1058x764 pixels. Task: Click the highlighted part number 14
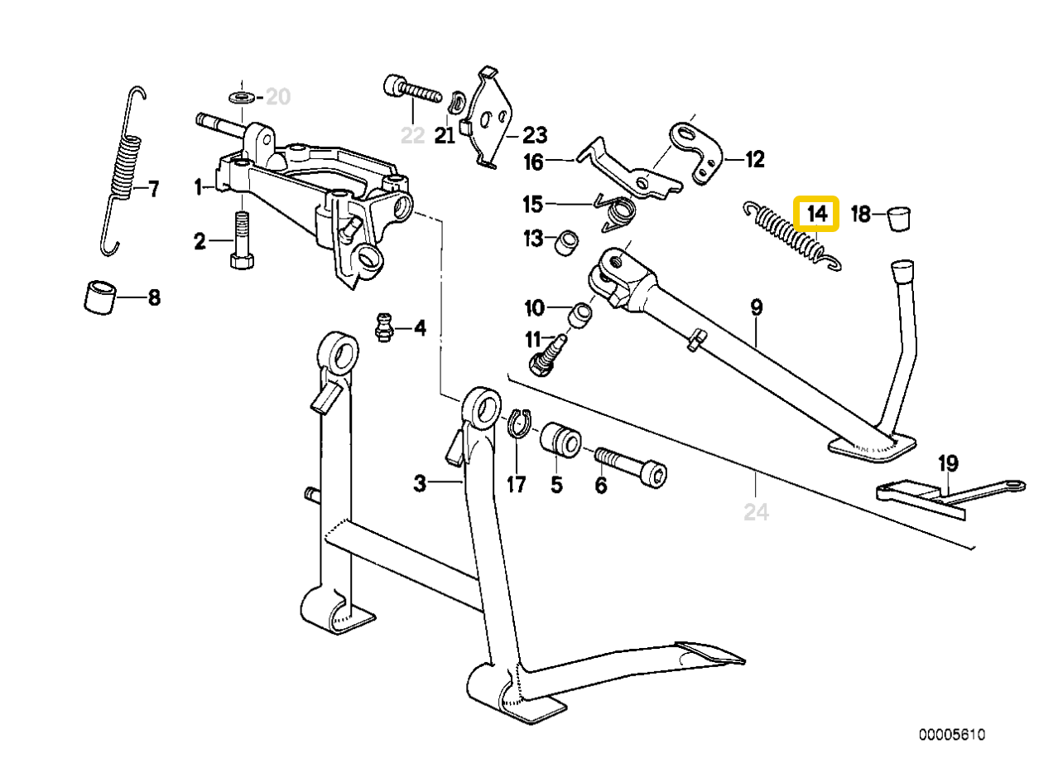click(x=816, y=213)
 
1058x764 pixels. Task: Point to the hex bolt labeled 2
click(x=240, y=242)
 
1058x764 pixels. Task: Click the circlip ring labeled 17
click(x=517, y=422)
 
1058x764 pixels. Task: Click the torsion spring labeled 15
click(x=616, y=211)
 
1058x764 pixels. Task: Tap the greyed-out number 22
click(x=411, y=135)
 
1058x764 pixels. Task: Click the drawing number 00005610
click(x=951, y=735)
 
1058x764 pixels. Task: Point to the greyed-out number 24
click(x=756, y=513)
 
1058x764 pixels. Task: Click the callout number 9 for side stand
click(x=756, y=307)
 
